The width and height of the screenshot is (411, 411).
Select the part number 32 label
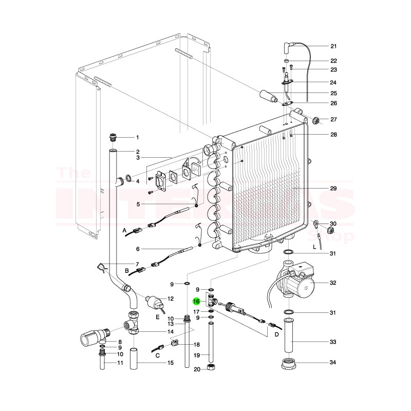point(332,283)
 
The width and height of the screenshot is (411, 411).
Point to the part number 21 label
point(332,46)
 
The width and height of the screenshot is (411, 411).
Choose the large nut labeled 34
point(291,364)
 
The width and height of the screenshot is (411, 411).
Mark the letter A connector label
point(125,232)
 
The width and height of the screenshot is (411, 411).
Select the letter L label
point(314,247)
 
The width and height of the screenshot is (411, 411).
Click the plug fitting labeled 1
point(113,137)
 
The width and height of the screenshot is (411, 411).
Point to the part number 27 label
point(332,120)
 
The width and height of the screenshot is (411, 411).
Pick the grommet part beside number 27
point(316,120)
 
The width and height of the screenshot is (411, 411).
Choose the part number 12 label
point(171,298)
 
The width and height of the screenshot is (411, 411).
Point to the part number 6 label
point(138,249)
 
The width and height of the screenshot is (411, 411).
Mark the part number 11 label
point(120,363)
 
